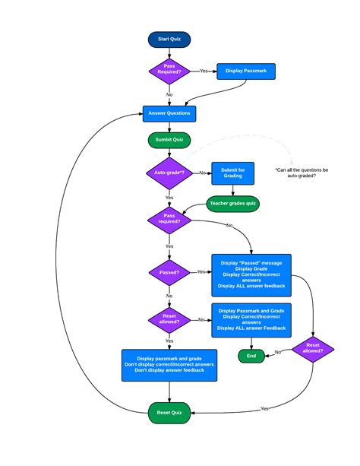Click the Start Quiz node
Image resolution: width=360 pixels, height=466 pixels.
click(169, 39)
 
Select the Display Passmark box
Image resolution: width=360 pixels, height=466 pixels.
click(246, 72)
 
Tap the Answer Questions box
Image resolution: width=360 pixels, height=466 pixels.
click(169, 113)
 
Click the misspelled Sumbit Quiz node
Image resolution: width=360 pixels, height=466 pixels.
click(169, 141)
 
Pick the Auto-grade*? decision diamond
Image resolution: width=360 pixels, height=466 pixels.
click(169, 173)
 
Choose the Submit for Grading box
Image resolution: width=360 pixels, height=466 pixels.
click(232, 173)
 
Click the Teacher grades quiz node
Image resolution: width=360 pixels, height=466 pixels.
click(234, 204)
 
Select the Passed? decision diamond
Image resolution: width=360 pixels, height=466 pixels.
click(169, 271)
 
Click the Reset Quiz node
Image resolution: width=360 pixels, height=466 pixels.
click(169, 412)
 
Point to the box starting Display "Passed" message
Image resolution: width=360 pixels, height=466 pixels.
click(251, 274)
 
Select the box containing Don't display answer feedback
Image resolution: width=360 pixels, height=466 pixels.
click(169, 364)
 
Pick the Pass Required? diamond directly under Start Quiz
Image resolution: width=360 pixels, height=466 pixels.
click(169, 71)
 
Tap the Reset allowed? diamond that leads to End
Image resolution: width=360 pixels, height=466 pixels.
click(312, 350)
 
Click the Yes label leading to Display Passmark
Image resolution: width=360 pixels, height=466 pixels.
click(204, 71)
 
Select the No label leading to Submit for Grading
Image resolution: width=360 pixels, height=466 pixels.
click(202, 173)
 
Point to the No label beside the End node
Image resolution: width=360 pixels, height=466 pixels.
click(278, 352)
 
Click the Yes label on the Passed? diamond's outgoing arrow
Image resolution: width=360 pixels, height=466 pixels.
click(201, 271)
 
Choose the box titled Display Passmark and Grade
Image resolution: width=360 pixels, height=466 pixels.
click(251, 319)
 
